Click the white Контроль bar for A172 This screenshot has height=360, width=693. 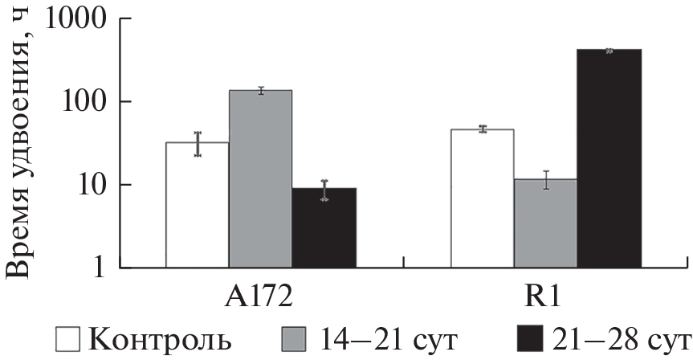point(197,204)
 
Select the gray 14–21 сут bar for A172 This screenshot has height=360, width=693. point(260,178)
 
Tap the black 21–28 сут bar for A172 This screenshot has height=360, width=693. point(324,227)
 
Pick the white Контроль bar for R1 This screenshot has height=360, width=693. point(483,198)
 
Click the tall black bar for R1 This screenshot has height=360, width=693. point(609,157)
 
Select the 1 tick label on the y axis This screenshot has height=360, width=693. point(107,267)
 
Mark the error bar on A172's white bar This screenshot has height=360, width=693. point(197,144)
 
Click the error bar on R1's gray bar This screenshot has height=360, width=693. point(546,180)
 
